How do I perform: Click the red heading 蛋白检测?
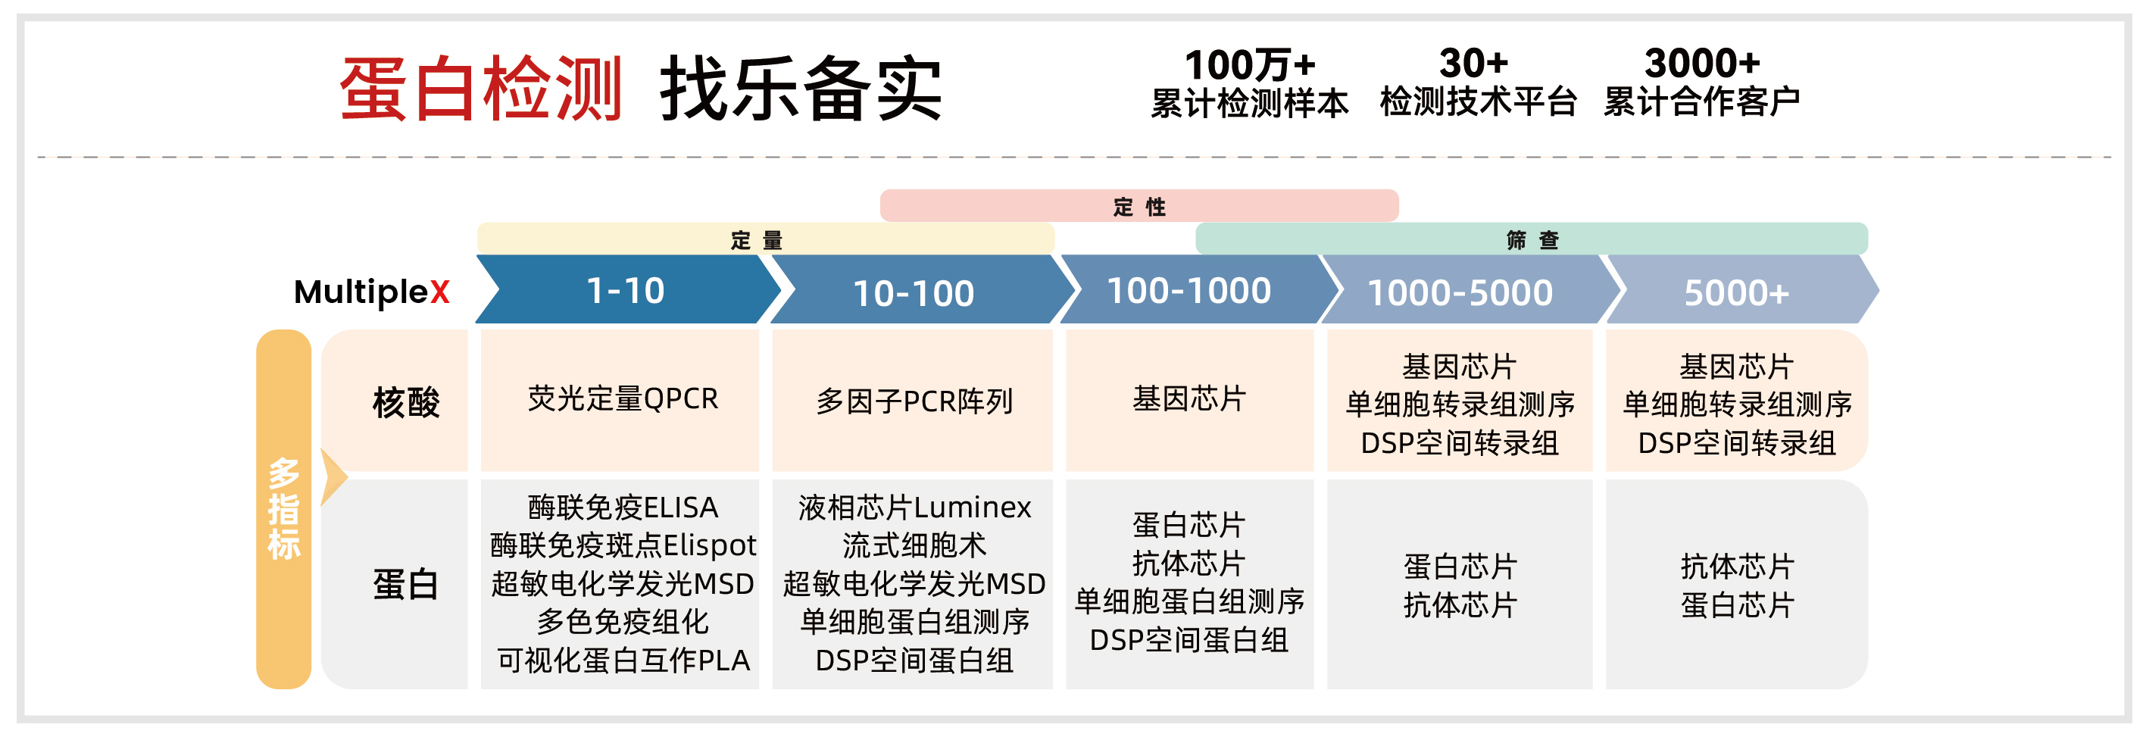(x=480, y=89)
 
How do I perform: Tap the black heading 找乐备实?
(x=801, y=89)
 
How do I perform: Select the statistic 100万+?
(x=1249, y=65)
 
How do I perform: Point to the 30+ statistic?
(x=1474, y=64)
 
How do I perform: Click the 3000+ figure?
(x=1702, y=64)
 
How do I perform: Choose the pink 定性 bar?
(x=1139, y=206)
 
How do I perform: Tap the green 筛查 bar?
(x=1531, y=239)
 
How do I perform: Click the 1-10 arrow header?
(x=626, y=290)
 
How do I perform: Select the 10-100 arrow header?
(x=914, y=292)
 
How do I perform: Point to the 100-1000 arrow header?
(x=1189, y=290)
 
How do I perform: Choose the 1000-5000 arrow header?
(x=1460, y=292)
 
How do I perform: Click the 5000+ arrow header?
(x=1737, y=292)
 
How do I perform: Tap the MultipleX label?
(x=371, y=292)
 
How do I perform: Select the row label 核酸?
(x=405, y=402)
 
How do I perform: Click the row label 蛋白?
(x=405, y=583)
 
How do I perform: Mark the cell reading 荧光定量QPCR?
(x=623, y=399)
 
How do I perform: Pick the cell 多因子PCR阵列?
(x=914, y=401)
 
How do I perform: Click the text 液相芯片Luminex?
(x=914, y=507)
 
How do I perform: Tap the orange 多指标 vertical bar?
(x=283, y=509)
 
